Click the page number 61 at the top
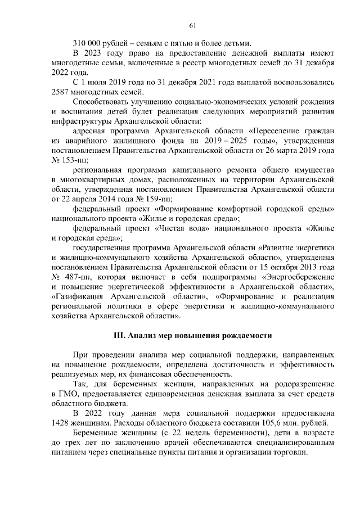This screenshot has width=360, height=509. click(192, 25)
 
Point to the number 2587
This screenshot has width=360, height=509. click(62, 92)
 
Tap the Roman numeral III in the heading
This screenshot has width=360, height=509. click(119, 336)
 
